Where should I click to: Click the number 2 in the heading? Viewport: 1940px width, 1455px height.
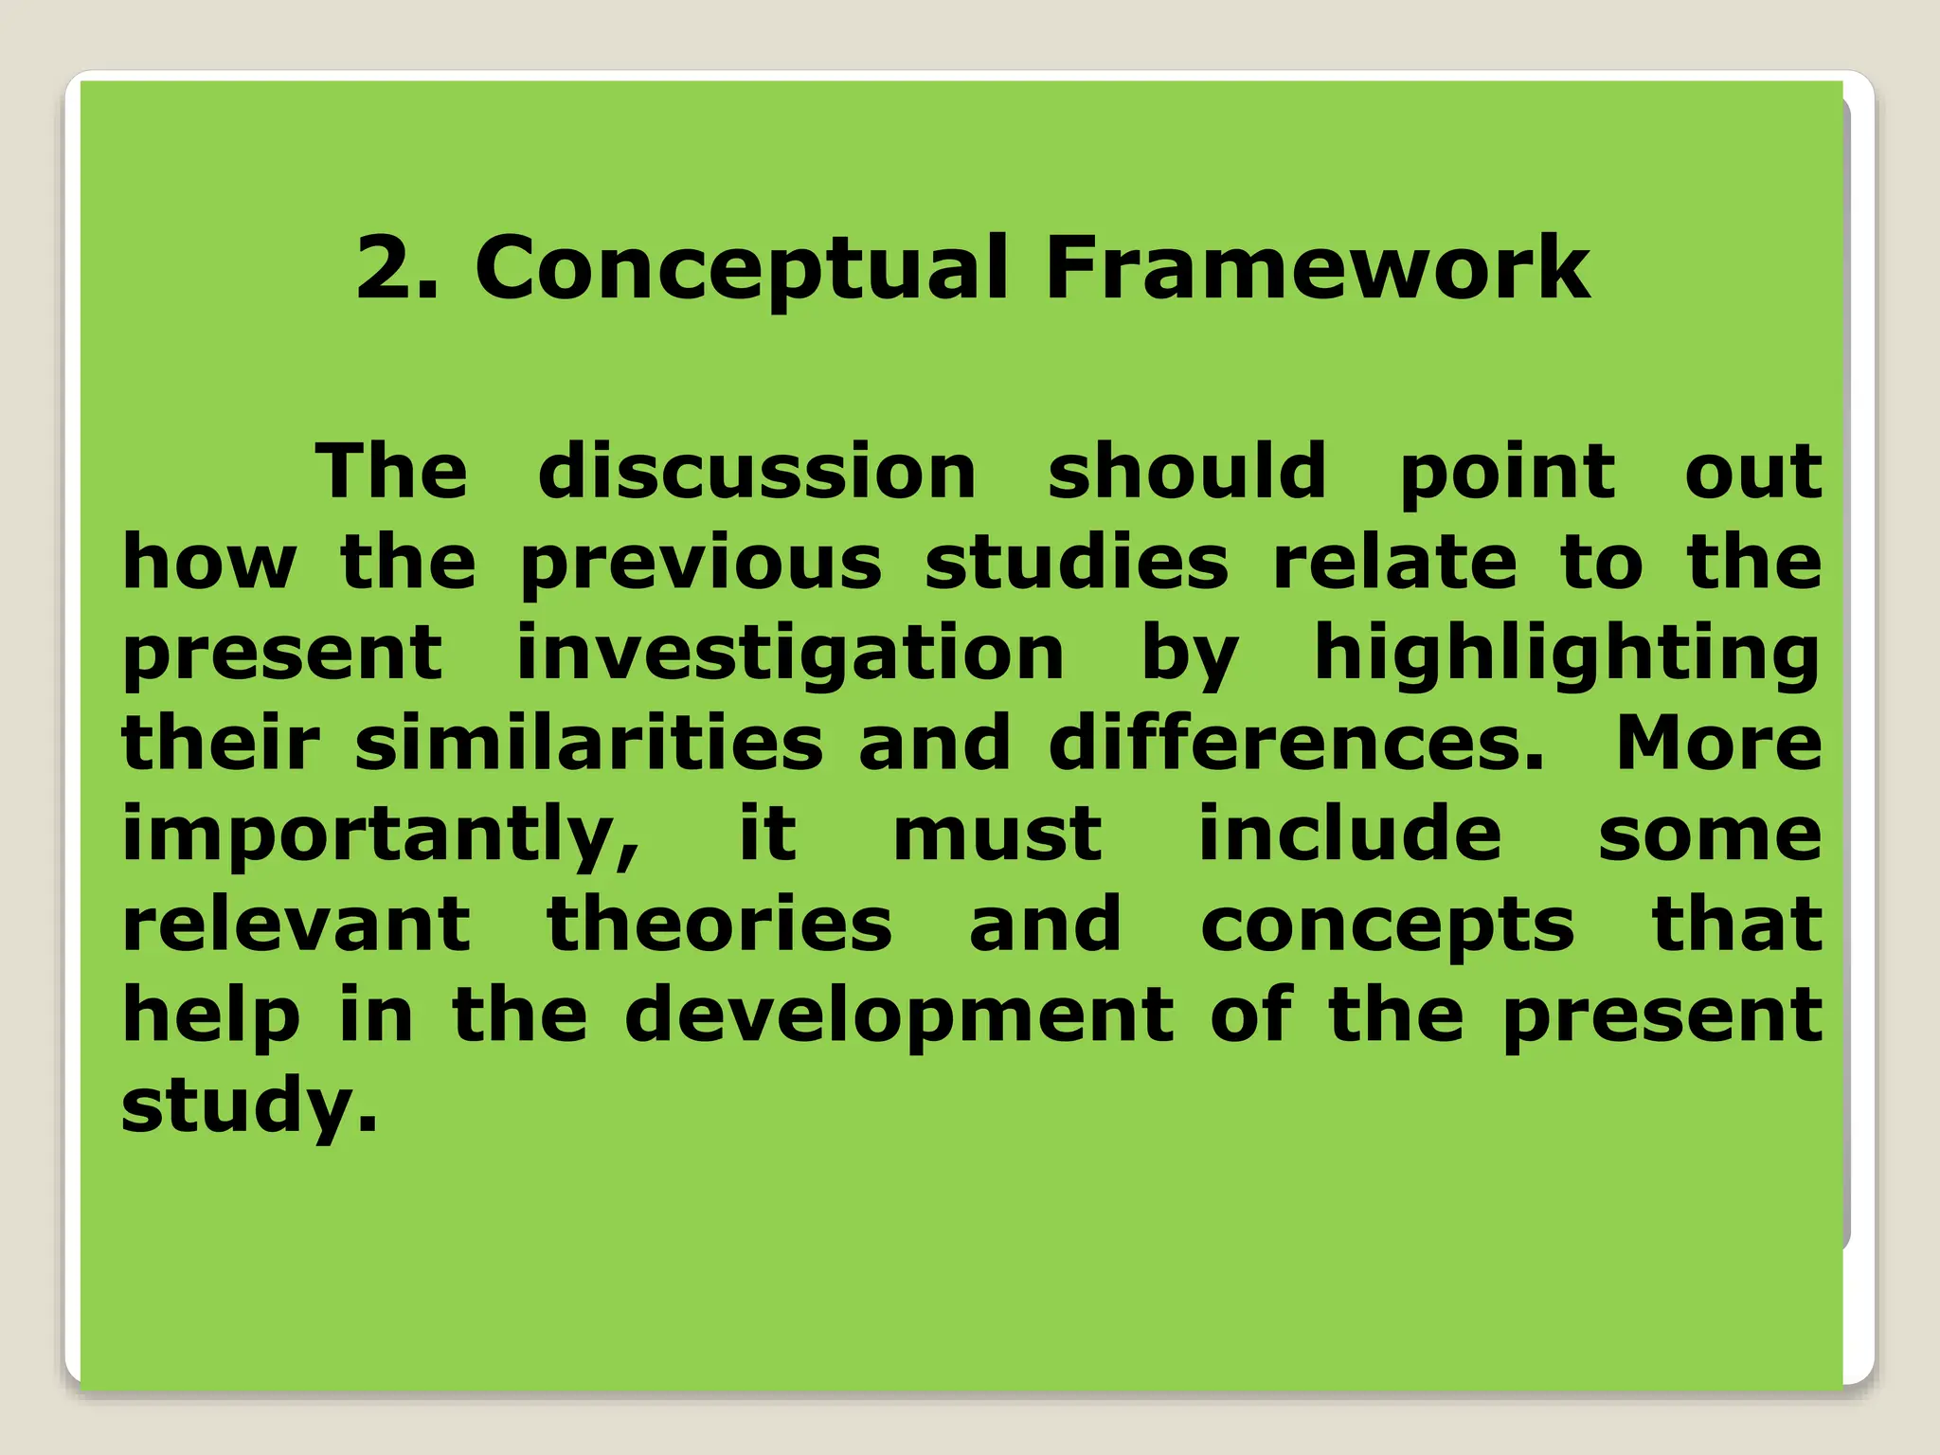tap(386, 269)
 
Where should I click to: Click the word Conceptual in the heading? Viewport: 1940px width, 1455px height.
tap(741, 271)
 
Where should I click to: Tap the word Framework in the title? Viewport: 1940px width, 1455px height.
tap(1317, 269)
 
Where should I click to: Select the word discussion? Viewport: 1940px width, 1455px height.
tap(757, 471)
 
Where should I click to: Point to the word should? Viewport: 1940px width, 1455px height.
tap(1187, 471)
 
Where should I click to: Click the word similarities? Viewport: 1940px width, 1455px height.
tap(589, 743)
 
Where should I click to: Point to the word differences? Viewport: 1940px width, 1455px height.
tap(1295, 743)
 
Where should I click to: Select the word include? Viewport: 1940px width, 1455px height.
tap(1350, 834)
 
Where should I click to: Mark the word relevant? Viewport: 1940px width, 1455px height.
tap(296, 924)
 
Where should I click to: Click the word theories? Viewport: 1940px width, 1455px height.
tap(720, 924)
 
